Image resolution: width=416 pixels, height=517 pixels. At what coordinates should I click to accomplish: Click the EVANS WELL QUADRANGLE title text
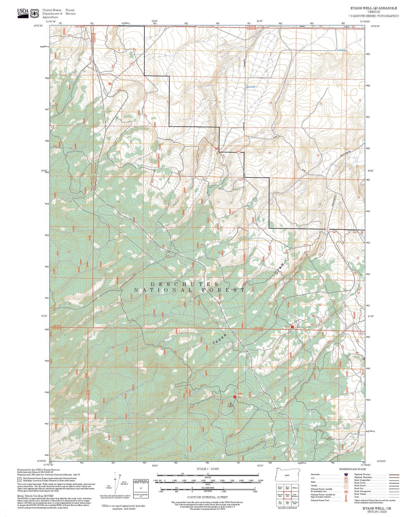coord(373,8)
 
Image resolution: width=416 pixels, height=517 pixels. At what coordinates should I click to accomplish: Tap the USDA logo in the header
coord(23,12)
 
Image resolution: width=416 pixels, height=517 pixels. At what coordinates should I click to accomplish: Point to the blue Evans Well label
coord(250,87)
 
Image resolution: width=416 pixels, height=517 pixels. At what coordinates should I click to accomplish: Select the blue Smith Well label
coord(341,50)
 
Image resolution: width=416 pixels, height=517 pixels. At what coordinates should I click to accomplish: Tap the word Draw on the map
coord(280,268)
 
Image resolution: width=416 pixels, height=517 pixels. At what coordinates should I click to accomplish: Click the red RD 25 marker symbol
coord(292,327)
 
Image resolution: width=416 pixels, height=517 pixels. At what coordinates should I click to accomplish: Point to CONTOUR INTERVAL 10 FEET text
coord(207,497)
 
